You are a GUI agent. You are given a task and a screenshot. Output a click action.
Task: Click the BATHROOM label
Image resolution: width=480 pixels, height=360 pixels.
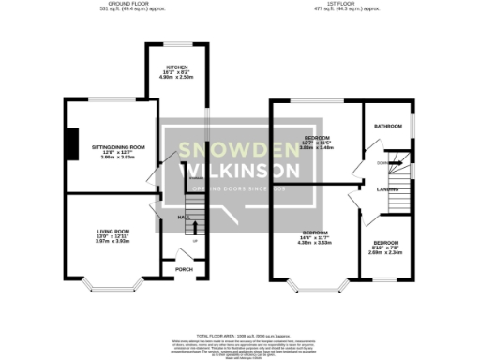pos(388,126)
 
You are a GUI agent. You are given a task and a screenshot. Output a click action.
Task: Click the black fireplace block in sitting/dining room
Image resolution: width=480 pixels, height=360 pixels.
pos(70,144)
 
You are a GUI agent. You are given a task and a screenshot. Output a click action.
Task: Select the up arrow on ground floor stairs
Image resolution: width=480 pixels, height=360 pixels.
pos(194,226)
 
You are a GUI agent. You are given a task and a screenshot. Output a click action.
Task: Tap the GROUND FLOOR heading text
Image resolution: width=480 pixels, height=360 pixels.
pos(130,5)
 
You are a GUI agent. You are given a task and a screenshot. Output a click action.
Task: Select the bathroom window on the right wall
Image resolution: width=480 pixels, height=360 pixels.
pos(413,125)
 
